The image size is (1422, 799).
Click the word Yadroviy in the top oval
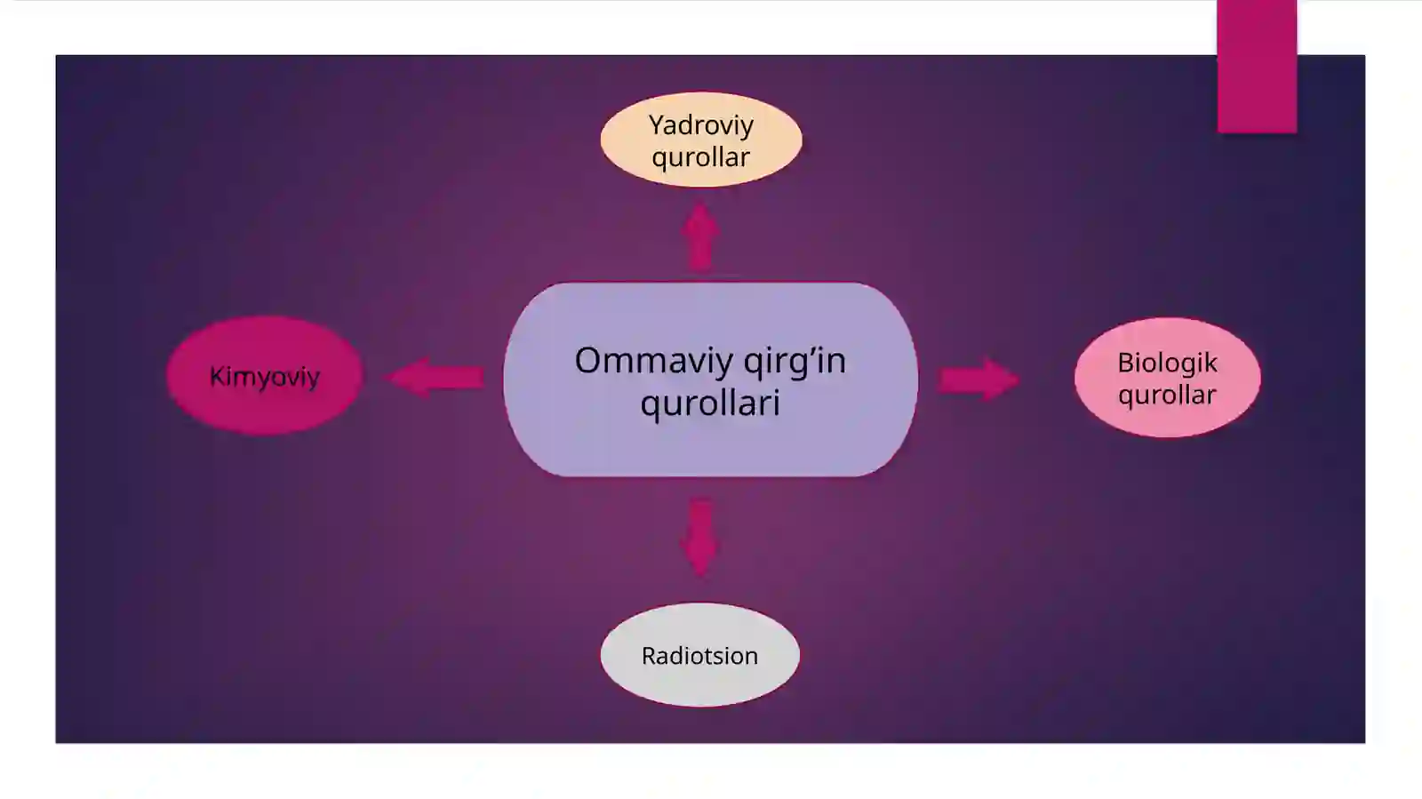pyautogui.click(x=701, y=126)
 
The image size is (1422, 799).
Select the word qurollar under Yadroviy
pyautogui.click(x=701, y=157)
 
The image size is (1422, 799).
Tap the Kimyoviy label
pyautogui.click(x=265, y=377)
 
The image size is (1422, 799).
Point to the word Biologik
pyautogui.click(x=1168, y=363)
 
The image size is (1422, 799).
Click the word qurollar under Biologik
pyautogui.click(x=1168, y=395)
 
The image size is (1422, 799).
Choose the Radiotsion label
pyautogui.click(x=700, y=656)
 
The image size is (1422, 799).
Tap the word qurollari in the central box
pyautogui.click(x=710, y=403)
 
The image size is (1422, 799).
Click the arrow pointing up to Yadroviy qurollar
pyautogui.click(x=700, y=236)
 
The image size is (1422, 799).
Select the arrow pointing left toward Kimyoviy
pyautogui.click(x=435, y=378)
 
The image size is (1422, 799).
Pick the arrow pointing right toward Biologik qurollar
pyautogui.click(x=979, y=380)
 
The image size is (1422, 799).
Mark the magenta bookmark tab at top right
pyautogui.click(x=1257, y=67)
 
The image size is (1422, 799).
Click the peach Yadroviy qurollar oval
pyautogui.click(x=701, y=140)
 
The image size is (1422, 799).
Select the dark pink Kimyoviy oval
pyautogui.click(x=265, y=376)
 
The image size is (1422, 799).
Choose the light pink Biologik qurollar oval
pyautogui.click(x=1168, y=378)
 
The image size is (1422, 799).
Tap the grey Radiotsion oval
pyautogui.click(x=700, y=655)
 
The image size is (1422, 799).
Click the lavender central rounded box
pyautogui.click(x=710, y=380)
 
